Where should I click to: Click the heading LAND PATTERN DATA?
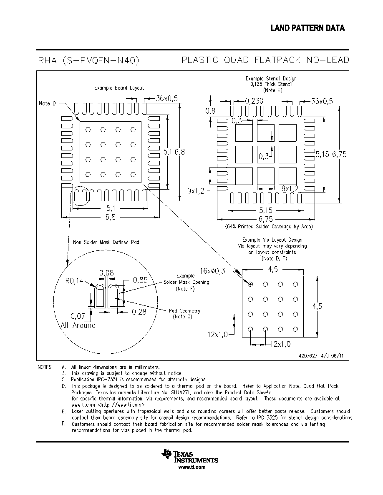tap(307, 28)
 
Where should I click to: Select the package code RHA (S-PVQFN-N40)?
tap(88, 60)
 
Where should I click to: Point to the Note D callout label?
tap(47, 103)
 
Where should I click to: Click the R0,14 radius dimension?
tap(74, 281)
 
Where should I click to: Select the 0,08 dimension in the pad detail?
tap(106, 273)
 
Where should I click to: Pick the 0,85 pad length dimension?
tap(140, 280)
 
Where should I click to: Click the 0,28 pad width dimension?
tap(139, 312)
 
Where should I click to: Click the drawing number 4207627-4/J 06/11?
tap(321, 356)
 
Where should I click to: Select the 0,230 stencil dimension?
tap(254, 101)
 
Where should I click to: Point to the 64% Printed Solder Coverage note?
tap(269, 226)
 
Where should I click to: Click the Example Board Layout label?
tap(119, 88)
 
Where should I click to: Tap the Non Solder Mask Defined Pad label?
tap(106, 242)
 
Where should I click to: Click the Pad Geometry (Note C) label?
tap(184, 313)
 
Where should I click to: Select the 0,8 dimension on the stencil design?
tap(210, 111)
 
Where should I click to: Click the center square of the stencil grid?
tap(266, 154)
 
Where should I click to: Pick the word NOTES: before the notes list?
tap(45, 367)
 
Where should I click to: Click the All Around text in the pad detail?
tap(78, 325)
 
